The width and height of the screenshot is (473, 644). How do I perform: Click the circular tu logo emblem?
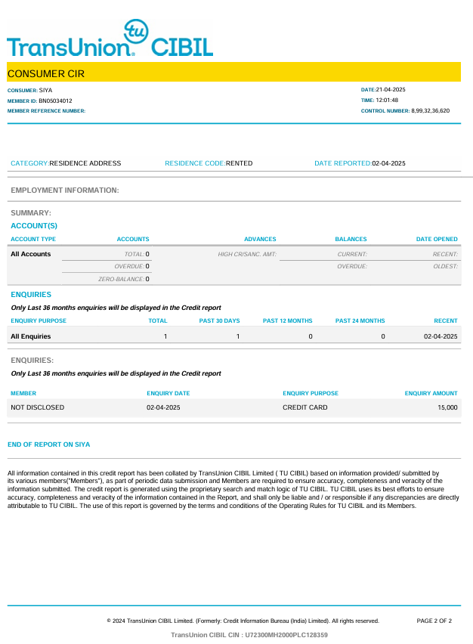click(x=137, y=33)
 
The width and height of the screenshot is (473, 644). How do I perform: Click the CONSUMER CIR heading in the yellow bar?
click(x=46, y=73)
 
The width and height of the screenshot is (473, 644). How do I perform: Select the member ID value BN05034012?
click(x=56, y=101)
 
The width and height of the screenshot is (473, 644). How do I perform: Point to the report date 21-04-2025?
click(x=391, y=90)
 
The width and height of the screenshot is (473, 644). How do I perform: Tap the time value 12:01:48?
click(x=387, y=101)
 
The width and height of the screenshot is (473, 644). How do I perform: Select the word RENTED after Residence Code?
click(x=240, y=163)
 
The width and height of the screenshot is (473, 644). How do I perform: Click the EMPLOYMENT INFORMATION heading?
click(x=65, y=190)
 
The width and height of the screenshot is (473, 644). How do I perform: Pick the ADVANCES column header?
click(x=260, y=240)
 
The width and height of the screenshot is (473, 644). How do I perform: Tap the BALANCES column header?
click(x=351, y=240)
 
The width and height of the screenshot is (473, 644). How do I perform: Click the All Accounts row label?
click(x=31, y=254)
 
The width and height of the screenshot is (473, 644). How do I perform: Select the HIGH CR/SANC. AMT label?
click(x=247, y=254)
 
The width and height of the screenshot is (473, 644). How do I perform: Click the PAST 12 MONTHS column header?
click(x=287, y=321)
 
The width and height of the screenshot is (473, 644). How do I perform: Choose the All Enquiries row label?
click(x=31, y=336)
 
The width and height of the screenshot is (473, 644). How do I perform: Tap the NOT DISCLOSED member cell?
click(x=38, y=407)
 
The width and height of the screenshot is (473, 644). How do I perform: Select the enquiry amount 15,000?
click(x=447, y=407)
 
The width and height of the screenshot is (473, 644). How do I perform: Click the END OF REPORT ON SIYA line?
click(x=48, y=444)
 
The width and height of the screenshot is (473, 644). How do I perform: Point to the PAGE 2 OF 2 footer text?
click(x=434, y=621)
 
